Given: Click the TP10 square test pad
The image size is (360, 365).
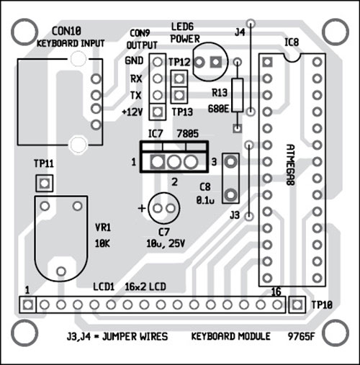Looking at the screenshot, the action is click(297, 305).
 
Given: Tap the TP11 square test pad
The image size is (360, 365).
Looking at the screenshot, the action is click(44, 184).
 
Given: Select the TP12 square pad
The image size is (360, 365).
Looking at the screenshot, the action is click(179, 78).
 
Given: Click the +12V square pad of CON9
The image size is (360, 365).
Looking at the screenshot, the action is click(158, 112).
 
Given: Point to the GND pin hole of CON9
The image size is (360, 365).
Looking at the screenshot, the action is click(158, 62).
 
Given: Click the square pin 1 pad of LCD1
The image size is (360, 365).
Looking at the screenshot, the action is click(28, 305).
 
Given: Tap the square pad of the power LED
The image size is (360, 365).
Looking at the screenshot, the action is click(216, 63).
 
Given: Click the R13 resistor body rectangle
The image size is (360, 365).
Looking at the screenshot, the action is click(238, 95).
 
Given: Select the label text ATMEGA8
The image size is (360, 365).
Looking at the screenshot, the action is click(291, 165).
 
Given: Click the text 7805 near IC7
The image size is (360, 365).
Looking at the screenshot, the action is click(188, 134).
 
